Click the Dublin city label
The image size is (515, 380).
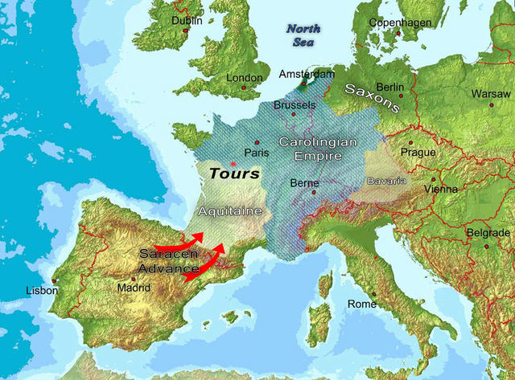pos(187,21)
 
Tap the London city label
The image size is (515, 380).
pos(244,78)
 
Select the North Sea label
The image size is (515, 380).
pos(303,35)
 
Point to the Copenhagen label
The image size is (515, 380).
pos(400,22)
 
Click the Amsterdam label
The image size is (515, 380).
pos(305,74)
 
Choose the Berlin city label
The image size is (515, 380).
pos(389,87)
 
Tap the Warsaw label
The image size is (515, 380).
pos(490,93)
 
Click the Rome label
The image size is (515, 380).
pos(361,304)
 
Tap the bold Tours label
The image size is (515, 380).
pos(234,173)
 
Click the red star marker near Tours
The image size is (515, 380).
pos(233,164)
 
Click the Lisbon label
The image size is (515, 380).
pos(42,290)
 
